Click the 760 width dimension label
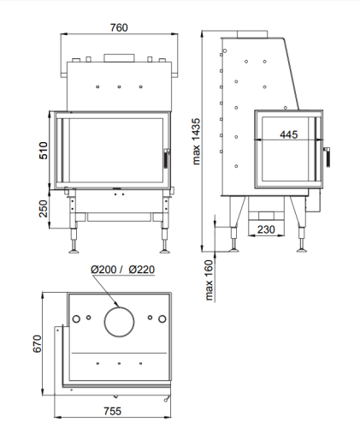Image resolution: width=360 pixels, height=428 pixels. [x=119, y=27]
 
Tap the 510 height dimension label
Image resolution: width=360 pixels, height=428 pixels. [x=44, y=151]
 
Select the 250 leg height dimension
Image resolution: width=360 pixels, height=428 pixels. [x=44, y=209]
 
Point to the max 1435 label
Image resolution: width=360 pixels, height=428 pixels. [x=197, y=141]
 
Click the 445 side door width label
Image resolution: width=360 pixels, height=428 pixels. [x=288, y=134]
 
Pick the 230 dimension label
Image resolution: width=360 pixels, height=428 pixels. [x=266, y=229]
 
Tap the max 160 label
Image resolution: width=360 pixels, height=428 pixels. [x=209, y=280]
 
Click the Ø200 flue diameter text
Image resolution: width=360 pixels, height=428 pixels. [x=103, y=270]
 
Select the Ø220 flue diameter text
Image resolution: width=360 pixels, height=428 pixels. [x=141, y=270]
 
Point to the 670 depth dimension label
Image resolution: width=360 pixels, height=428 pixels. [x=38, y=344]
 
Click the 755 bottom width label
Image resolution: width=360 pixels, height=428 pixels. [x=112, y=411]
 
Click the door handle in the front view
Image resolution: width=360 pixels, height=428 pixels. [x=166, y=158]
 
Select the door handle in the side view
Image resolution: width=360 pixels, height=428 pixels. [x=328, y=157]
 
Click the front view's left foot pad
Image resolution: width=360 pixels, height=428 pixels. [x=74, y=251]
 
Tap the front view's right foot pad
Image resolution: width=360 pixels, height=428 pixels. [x=165, y=251]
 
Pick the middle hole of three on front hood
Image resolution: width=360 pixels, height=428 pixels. [x=119, y=86]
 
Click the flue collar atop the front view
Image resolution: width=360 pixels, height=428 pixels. [x=119, y=58]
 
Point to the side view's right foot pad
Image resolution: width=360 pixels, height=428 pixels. [x=302, y=250]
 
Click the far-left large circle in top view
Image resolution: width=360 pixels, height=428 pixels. [x=76, y=319]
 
